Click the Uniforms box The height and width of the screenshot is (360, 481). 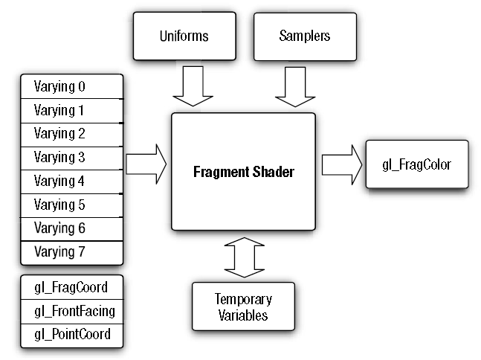pos(184,36)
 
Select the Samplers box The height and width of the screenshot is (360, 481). pos(305,36)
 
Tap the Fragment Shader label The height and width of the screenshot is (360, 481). pos(244,172)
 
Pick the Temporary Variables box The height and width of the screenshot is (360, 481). pos(243,306)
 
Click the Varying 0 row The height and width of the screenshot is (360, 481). pos(71,86)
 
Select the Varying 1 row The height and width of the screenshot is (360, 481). pos(71,110)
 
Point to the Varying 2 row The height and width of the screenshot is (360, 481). pos(71,134)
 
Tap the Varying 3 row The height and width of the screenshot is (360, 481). pos(71,158)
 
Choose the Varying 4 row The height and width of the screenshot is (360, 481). pos(71,181)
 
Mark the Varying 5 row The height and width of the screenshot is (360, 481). pos(71,205)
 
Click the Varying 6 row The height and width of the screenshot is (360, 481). pos(71,228)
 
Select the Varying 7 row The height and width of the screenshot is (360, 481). pos(71,252)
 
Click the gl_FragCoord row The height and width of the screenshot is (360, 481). pos(71,287)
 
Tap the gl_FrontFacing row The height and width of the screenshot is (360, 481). pos(71,310)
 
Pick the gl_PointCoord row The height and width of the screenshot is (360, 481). pos(71,334)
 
